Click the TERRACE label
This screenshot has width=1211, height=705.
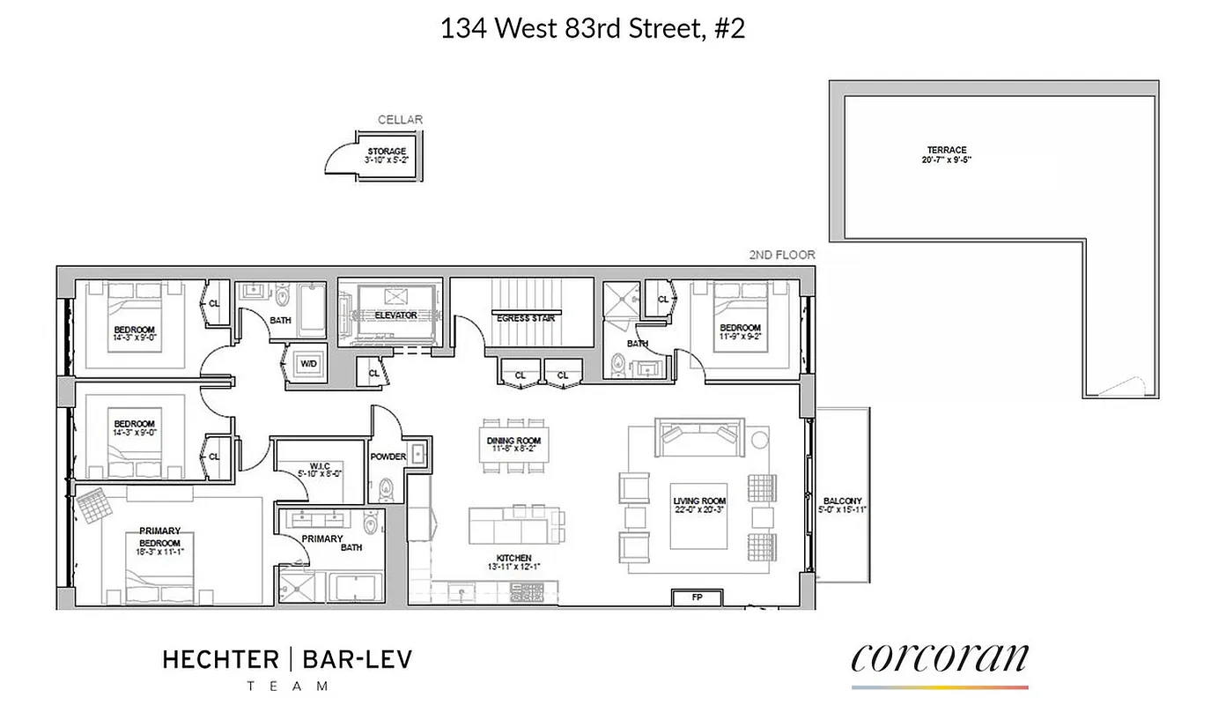946,150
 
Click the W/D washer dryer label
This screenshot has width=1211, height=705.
309,363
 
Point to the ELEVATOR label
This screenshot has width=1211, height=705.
395,315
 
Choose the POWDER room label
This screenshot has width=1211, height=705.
388,456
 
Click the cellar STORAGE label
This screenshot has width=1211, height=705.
387,152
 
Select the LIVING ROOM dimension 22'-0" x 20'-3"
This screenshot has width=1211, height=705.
700,511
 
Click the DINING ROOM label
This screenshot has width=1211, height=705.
513,441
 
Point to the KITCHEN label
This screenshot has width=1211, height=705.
513,558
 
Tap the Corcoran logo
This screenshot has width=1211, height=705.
940,659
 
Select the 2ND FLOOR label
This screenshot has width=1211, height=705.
781,255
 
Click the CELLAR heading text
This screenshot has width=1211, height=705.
401,120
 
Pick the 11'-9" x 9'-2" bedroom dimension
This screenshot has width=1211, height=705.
738,337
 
